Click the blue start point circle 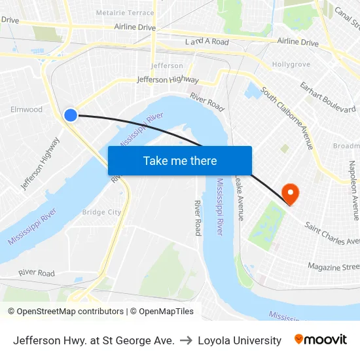(x=71, y=115)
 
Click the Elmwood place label (x=27, y=109)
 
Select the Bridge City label (x=101, y=212)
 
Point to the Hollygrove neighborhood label (x=291, y=65)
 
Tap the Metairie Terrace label (x=125, y=12)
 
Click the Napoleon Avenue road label (x=353, y=190)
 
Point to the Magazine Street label (x=334, y=266)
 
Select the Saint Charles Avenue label (x=331, y=233)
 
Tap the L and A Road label (x=207, y=42)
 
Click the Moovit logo (x=320, y=340)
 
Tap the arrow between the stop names (x=186, y=340)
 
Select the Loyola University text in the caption (x=240, y=340)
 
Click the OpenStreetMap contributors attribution (x=69, y=312)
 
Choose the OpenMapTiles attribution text (x=166, y=312)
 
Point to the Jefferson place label (x=167, y=65)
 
